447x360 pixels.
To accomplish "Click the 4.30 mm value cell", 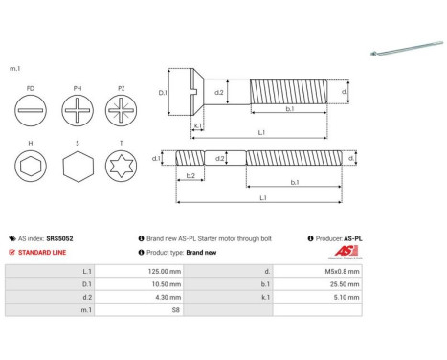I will coord(139,298).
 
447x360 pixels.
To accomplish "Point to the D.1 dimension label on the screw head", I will coord(163,93).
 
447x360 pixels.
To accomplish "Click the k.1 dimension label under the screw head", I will coord(196,125).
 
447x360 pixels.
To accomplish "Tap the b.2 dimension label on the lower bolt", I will coord(190,175).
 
